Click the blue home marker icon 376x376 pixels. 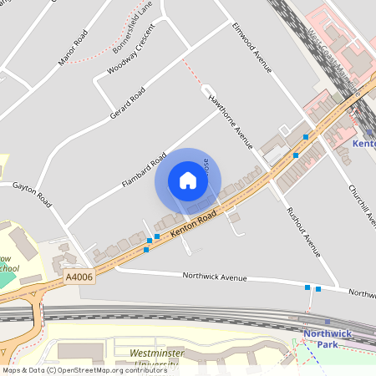pyautogui.click(x=188, y=180)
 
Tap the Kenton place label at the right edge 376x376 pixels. pyautogui.click(x=364, y=144)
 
